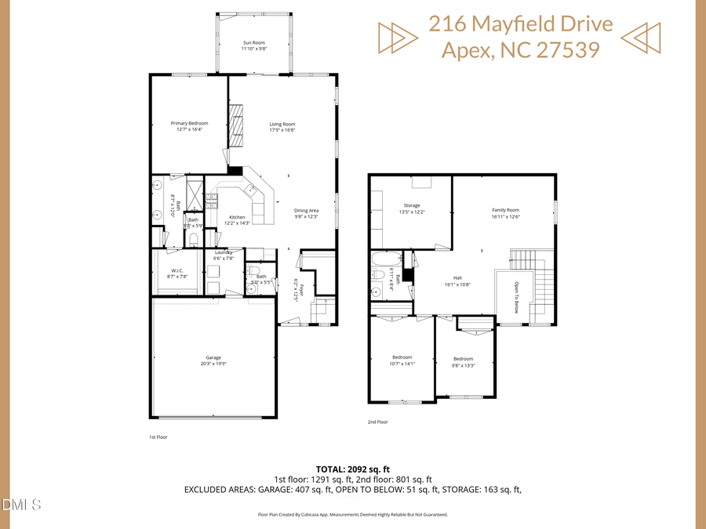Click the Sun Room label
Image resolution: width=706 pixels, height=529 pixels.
click(x=254, y=42)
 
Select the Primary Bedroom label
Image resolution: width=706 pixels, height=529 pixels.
click(x=190, y=124)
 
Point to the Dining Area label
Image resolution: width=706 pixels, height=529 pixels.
click(x=306, y=210)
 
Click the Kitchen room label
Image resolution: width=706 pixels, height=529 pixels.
click(x=237, y=217)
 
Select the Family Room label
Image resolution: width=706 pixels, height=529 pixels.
click(x=506, y=210)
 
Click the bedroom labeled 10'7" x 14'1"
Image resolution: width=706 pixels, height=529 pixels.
click(x=401, y=357)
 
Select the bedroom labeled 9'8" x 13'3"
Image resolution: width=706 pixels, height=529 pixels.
click(x=463, y=359)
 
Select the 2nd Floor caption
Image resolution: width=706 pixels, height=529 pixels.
click(x=378, y=422)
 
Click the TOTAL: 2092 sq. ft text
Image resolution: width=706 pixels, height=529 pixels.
click(x=352, y=468)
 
